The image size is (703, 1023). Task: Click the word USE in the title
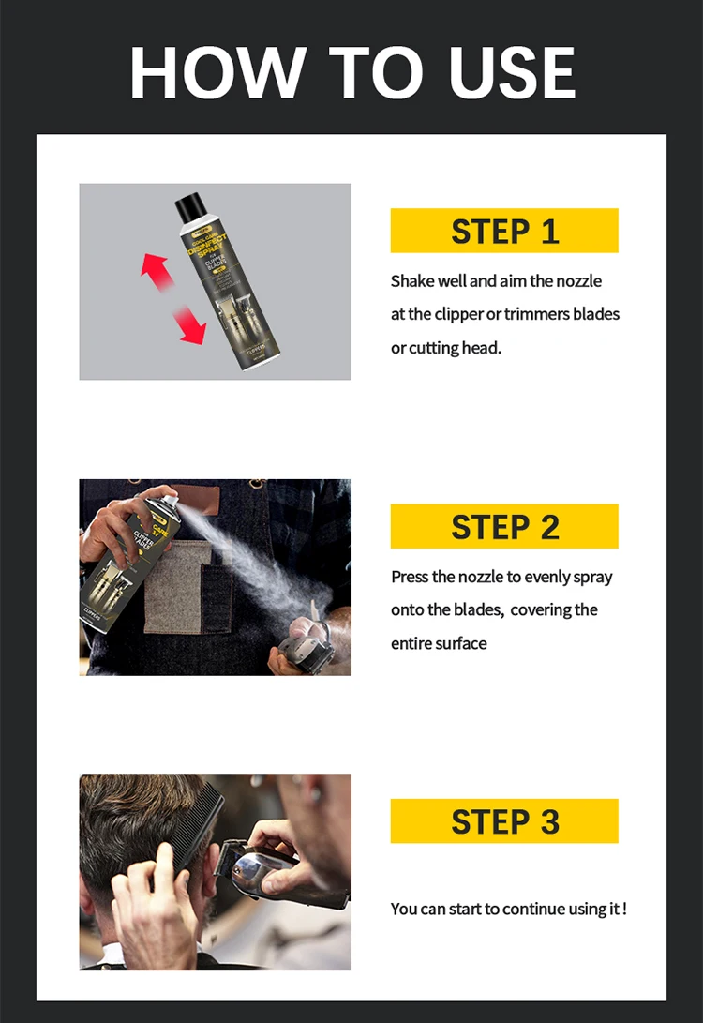[513, 73]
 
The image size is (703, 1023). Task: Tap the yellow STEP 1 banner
[504, 231]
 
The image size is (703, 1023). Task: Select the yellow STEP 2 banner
[504, 526]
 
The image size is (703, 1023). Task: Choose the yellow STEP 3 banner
[504, 821]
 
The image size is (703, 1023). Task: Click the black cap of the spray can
[190, 203]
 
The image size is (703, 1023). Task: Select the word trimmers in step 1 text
[536, 314]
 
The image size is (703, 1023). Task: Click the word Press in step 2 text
[410, 577]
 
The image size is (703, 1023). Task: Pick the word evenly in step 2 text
[549, 577]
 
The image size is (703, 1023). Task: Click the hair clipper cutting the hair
[272, 867]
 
